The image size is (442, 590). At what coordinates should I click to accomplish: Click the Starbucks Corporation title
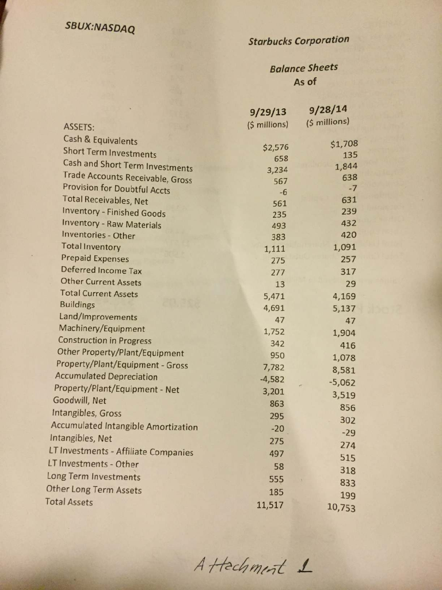298,41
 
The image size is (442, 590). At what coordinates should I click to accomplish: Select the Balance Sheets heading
303,68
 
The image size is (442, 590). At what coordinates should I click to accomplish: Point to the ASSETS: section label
79,127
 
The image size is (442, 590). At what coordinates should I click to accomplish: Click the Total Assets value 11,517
270,505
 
